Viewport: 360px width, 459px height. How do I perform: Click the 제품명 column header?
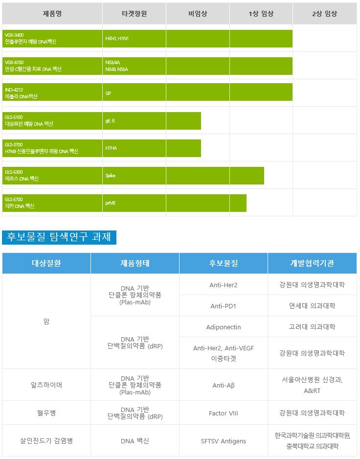(x=52, y=14)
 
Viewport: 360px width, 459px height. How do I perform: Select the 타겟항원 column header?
(x=134, y=14)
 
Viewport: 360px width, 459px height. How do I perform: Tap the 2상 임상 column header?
(x=324, y=14)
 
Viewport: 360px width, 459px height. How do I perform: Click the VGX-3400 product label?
(x=30, y=39)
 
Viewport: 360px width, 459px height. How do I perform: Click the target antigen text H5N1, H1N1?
(x=117, y=38)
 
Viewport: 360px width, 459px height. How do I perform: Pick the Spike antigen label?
(x=111, y=176)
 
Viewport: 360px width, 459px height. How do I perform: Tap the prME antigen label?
(x=111, y=203)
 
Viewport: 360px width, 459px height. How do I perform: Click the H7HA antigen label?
(x=111, y=148)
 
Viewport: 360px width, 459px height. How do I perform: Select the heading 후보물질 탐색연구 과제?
(x=59, y=237)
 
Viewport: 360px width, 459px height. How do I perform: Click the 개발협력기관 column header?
(x=312, y=263)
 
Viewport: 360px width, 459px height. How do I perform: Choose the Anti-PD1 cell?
(x=223, y=306)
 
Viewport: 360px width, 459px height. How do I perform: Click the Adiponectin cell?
(x=223, y=327)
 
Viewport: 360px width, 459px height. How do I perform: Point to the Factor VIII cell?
(x=223, y=413)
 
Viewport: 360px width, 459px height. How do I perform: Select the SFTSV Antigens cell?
(x=223, y=441)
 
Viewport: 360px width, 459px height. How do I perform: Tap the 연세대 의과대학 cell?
(x=312, y=306)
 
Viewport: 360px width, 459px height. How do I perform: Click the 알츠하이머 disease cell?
(x=46, y=385)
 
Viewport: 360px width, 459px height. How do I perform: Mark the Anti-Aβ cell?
(x=223, y=385)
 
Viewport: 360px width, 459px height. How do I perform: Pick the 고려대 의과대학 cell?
(x=312, y=327)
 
